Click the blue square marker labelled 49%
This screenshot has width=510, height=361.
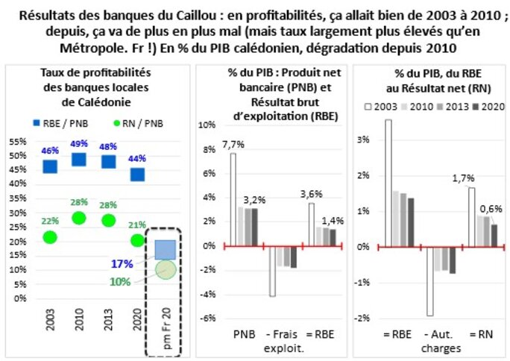pos(78,159)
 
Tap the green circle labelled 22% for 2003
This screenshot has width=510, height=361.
pos(50,237)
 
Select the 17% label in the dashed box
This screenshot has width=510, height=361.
pos(122,264)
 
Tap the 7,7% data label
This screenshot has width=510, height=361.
pos(233,142)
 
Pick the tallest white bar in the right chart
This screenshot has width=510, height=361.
pos(388,183)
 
